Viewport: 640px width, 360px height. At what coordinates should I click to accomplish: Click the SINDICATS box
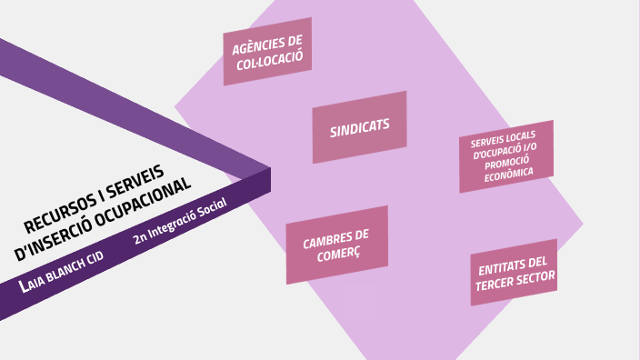click(359, 126)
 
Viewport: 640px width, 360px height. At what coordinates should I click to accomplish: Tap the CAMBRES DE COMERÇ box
click(336, 245)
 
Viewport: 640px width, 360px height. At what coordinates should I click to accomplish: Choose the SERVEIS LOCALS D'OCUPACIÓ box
click(505, 155)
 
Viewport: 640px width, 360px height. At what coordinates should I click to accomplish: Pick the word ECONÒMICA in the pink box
click(509, 175)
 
